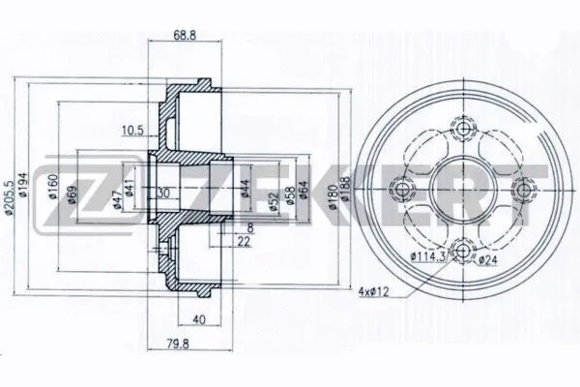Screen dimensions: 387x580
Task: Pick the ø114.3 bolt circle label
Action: click(x=428, y=256)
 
